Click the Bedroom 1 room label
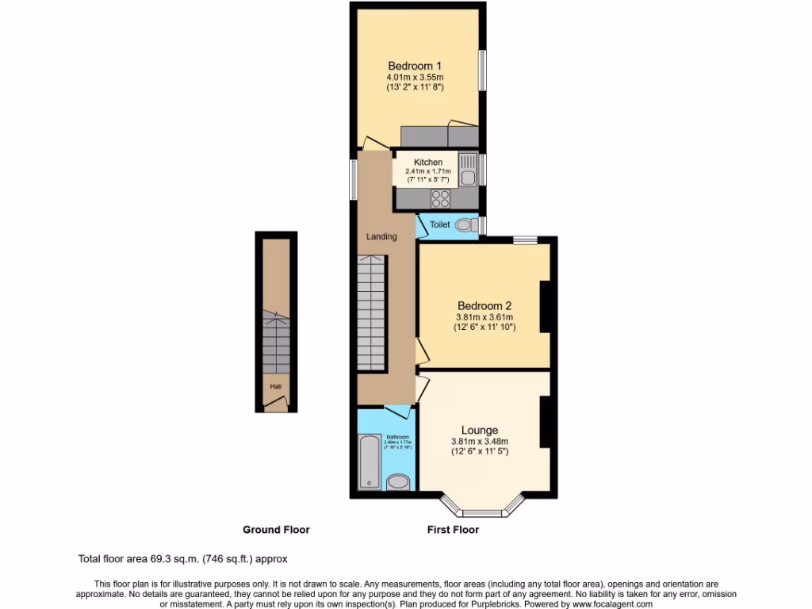414,66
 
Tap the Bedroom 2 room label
484,306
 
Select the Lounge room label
479,431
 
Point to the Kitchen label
428,163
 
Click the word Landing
381,236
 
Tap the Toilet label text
440,225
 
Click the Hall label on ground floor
275,387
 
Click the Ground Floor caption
276,530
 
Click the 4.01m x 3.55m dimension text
414,78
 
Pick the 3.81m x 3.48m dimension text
479,442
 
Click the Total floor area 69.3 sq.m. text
182,558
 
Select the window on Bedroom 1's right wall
481,71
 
